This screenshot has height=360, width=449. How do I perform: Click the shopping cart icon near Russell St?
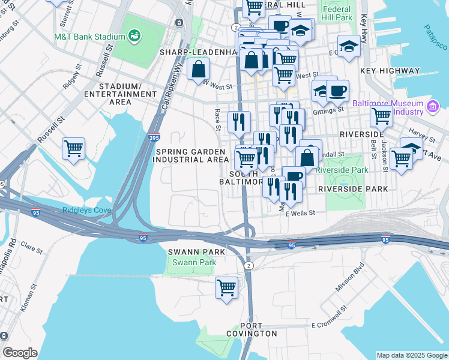point(73,148)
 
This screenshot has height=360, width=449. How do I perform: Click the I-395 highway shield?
point(154,137)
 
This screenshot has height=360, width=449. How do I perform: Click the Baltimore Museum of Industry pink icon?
point(433,108)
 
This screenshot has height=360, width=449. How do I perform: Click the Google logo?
point(20,353)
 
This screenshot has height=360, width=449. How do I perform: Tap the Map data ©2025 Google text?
point(411,355)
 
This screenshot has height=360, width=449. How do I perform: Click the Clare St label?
point(29,245)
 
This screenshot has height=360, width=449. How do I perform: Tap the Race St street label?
point(217,119)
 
